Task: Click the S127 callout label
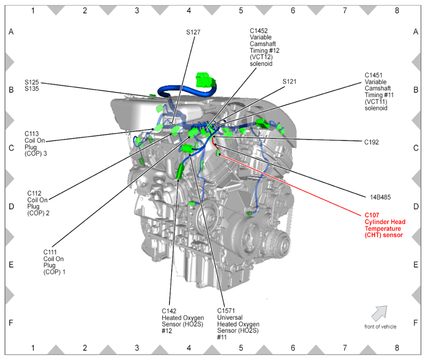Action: pyautogui.click(x=193, y=32)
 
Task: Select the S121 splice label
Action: pyautogui.click(x=290, y=81)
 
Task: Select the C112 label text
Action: pyautogui.click(x=34, y=193)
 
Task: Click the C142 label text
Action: pyautogui.click(x=169, y=311)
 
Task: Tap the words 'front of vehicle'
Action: pyautogui.click(x=380, y=326)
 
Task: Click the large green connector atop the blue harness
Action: pyautogui.click(x=206, y=80)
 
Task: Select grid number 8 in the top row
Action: pyautogui.click(x=397, y=9)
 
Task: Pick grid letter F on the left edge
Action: pyautogui.click(x=11, y=322)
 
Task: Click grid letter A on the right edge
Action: pyautogui.click(x=416, y=32)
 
